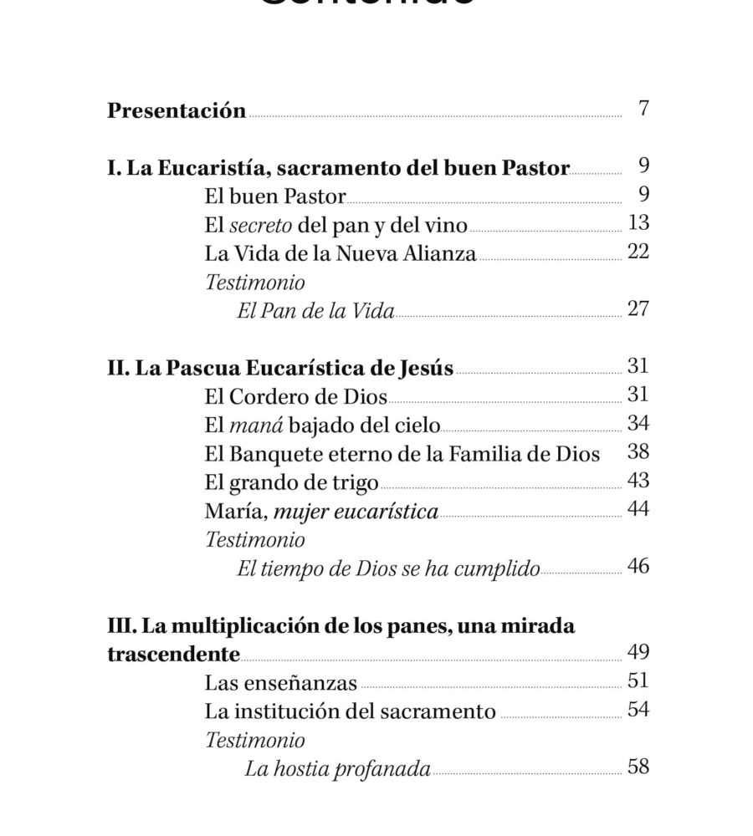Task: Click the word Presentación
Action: tap(177, 111)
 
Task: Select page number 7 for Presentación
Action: tap(643, 109)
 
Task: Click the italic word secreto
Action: tap(259, 225)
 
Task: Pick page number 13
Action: tap(638, 222)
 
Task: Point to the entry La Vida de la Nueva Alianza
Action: tap(340, 253)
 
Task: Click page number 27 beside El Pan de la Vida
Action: tap(638, 308)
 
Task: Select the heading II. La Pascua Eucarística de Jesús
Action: tap(280, 368)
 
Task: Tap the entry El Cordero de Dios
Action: tap(295, 396)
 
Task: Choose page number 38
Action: tap(638, 452)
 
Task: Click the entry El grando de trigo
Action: tap(291, 482)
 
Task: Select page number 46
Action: tap(638, 566)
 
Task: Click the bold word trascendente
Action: tap(174, 653)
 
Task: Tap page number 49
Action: tap(638, 652)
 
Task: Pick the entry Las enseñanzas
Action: tap(280, 683)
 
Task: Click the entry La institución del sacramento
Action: tap(350, 711)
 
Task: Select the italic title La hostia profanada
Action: tap(337, 769)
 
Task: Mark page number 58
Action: tap(638, 767)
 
